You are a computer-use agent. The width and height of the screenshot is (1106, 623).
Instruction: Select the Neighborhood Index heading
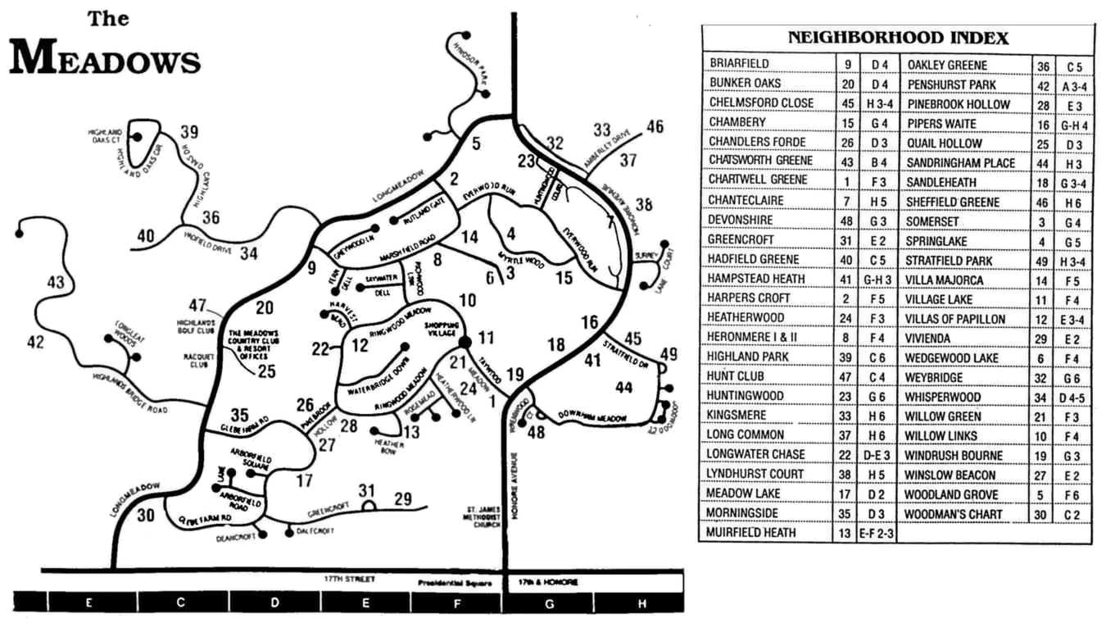(x=897, y=38)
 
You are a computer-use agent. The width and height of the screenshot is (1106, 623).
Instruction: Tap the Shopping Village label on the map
(x=439, y=328)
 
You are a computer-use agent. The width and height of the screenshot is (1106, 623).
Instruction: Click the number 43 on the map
(x=55, y=283)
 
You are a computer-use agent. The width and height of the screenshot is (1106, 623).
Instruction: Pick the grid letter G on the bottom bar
(x=547, y=603)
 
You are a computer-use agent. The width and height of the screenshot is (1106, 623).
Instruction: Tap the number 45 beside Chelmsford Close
(x=846, y=102)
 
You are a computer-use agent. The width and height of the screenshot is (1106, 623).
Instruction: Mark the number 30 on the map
(x=146, y=516)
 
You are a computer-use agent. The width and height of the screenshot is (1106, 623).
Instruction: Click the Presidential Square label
(x=454, y=584)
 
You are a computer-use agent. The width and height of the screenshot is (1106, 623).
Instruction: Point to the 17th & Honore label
(x=548, y=582)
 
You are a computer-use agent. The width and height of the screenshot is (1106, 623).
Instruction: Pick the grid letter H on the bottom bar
(x=642, y=603)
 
